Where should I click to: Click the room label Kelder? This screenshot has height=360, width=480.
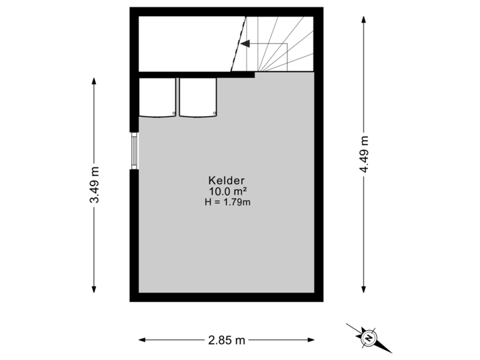(228, 180)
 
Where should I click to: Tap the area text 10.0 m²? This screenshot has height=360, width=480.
(228, 191)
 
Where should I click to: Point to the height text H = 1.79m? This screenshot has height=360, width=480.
(228, 202)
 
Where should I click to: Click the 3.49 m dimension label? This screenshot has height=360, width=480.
(94, 185)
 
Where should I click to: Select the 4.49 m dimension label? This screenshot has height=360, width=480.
(364, 154)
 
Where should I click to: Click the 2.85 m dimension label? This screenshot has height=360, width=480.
(226, 340)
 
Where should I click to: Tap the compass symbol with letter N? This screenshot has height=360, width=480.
(367, 338)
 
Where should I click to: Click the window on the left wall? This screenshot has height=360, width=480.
(135, 151)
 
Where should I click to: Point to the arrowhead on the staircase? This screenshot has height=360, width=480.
(245, 45)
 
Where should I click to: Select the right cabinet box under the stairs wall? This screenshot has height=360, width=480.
(199, 97)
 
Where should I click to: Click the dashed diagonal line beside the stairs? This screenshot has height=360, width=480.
(239, 44)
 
